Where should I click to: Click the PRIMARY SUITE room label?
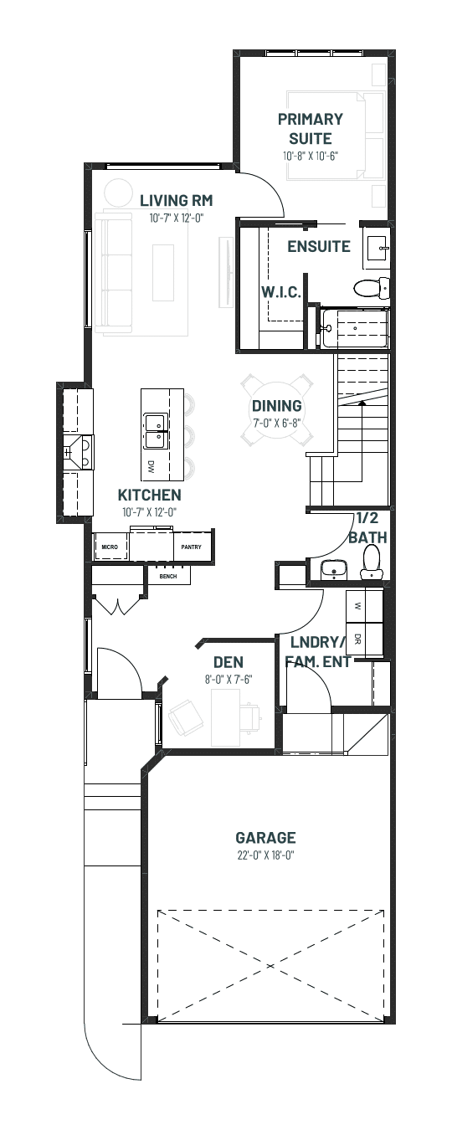(311, 129)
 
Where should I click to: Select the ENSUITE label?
(319, 246)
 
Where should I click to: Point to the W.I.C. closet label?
(281, 292)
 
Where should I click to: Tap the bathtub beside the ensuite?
(355, 328)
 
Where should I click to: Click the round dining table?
(276, 409)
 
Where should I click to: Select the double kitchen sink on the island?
(156, 431)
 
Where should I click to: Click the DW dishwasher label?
(151, 464)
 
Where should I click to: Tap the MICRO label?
(110, 547)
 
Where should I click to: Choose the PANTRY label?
(191, 547)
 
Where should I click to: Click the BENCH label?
(168, 576)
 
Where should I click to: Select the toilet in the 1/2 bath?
(372, 561)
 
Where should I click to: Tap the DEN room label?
(228, 662)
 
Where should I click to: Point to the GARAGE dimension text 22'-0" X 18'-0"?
(265, 855)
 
